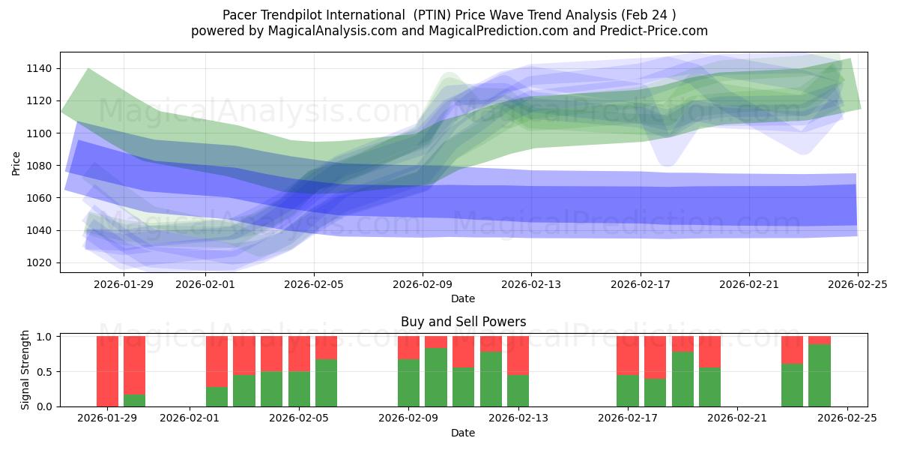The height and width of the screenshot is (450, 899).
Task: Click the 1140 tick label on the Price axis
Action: click(37, 68)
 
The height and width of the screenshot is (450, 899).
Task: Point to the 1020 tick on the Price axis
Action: click(37, 262)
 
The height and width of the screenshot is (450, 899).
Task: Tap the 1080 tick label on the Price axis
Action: click(37, 166)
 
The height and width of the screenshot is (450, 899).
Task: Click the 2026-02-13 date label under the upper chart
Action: click(531, 284)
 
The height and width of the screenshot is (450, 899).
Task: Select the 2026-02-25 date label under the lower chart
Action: click(847, 418)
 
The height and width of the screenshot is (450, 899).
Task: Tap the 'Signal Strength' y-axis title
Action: click(25, 370)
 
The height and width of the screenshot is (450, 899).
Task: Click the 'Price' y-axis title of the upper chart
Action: click(16, 162)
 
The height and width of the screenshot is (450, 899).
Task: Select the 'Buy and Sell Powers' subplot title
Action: click(463, 322)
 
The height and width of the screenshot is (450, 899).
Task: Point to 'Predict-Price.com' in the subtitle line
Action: click(658, 31)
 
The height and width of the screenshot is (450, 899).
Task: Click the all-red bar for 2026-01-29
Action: click(107, 371)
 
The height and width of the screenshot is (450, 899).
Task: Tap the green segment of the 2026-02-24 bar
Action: click(820, 375)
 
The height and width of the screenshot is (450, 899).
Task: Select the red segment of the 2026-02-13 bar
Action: click(518, 355)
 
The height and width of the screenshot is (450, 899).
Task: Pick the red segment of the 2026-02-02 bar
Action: click(217, 361)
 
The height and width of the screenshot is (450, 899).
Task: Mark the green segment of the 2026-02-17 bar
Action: click(628, 391)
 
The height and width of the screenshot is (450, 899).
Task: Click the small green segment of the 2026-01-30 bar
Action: click(134, 400)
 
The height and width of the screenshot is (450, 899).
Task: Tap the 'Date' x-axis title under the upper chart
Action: click(463, 298)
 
